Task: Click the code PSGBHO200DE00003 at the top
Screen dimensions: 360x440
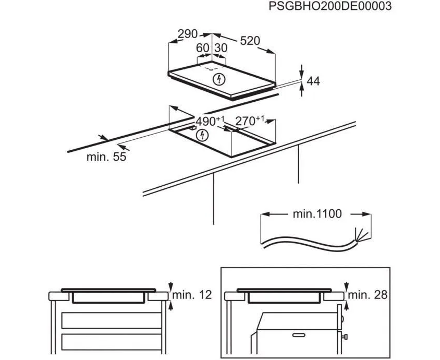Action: [x=330, y=7]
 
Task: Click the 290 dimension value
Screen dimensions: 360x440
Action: [x=187, y=34]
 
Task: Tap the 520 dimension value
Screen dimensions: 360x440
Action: [x=250, y=41]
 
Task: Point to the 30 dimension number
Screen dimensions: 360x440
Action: [x=221, y=47]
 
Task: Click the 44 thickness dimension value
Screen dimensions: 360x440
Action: [x=313, y=81]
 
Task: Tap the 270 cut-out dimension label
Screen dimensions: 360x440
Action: [x=248, y=121]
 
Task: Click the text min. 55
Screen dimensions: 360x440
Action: [x=106, y=157]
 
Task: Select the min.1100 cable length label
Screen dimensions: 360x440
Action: [x=316, y=213]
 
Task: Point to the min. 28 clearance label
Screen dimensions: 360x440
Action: [x=368, y=295]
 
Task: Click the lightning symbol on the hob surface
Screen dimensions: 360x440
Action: [x=221, y=79]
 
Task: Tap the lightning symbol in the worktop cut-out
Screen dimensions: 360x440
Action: [x=203, y=136]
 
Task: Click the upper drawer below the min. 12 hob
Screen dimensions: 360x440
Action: [x=110, y=320]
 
